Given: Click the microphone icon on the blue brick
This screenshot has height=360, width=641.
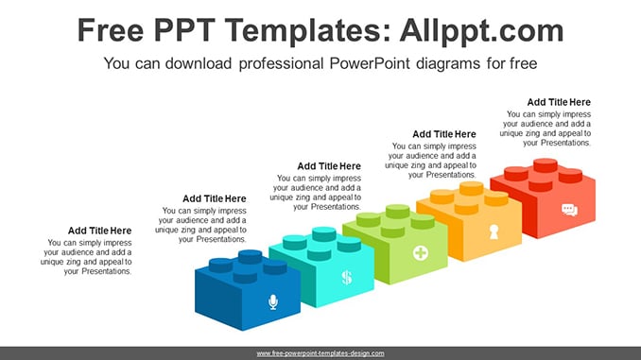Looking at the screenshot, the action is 273,302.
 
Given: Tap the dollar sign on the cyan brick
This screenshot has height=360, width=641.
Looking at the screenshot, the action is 347,278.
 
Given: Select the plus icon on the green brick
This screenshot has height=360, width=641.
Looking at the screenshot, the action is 421,253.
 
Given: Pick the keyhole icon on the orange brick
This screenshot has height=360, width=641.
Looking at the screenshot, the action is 494,231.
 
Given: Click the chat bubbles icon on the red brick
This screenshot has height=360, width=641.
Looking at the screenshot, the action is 569,210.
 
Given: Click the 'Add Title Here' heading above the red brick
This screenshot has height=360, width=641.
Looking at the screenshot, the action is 559,102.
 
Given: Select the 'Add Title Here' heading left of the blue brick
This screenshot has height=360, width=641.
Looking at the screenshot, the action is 100,231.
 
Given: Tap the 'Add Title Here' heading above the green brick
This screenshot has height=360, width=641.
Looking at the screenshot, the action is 329,166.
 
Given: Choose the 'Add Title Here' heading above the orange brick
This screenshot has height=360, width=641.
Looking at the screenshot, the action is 444,134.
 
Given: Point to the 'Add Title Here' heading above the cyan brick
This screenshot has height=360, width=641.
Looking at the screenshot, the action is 215,198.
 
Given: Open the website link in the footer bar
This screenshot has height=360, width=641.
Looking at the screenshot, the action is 320,353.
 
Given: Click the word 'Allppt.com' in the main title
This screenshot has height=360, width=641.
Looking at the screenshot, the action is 481,30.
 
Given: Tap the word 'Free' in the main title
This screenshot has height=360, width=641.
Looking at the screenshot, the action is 111,30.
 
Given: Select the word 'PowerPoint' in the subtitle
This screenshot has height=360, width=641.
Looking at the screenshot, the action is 370,63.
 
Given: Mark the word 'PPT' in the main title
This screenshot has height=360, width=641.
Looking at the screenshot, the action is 184,30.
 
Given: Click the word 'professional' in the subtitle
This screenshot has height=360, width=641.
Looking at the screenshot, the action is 281,63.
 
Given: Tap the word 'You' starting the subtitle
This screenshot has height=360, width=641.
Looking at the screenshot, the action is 117,63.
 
